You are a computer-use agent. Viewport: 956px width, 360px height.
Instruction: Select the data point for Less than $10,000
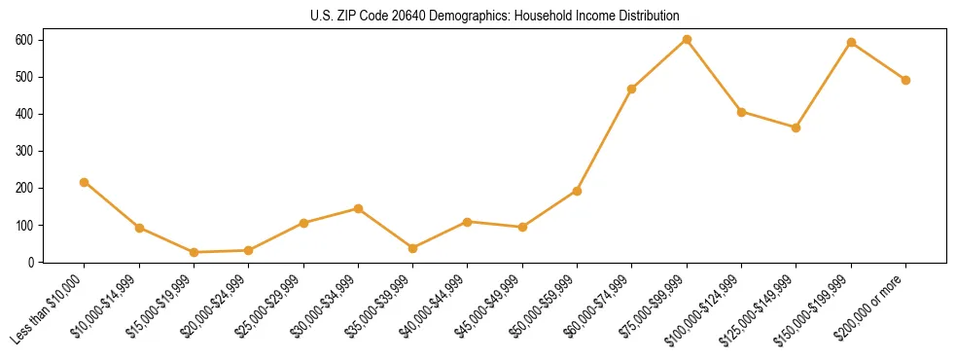click(85, 182)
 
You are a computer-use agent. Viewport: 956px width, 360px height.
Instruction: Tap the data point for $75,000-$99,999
click(687, 39)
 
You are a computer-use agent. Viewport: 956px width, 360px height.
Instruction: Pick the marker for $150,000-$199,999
click(851, 42)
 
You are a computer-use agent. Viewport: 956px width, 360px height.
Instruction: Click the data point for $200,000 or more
click(905, 80)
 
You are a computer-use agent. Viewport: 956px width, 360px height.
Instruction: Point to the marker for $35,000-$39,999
click(413, 248)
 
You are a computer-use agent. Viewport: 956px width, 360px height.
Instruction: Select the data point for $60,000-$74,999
click(632, 89)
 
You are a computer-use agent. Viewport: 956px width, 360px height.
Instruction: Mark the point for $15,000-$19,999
click(195, 252)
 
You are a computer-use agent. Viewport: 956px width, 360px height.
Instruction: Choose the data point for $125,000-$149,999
click(797, 127)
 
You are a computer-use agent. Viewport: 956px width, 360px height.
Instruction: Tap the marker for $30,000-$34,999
click(359, 208)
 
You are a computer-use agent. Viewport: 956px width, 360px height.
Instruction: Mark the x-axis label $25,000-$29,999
click(273, 306)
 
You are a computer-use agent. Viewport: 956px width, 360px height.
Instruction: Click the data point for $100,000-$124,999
click(742, 112)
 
